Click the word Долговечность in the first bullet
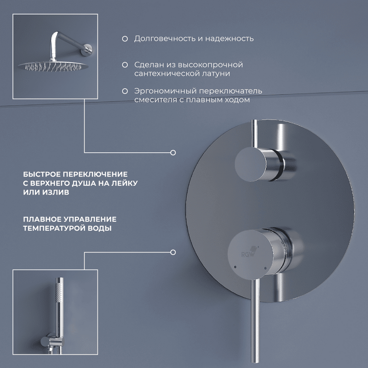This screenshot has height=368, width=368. click(162, 39)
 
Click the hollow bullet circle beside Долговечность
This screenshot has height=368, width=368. click(125, 39)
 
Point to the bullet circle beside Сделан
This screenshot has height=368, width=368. click(125, 65)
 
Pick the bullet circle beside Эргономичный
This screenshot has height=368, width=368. click(125, 91)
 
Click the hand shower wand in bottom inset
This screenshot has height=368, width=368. click(58, 304)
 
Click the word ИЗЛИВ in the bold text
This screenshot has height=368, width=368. click(58, 193)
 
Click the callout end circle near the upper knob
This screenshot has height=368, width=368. click(173, 152)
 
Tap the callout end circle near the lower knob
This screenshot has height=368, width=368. click(173, 252)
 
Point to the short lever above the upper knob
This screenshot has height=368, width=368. click(253, 133)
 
